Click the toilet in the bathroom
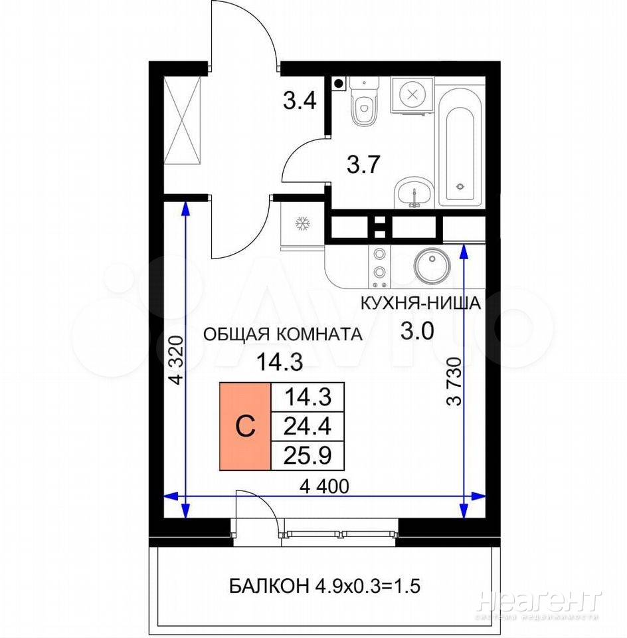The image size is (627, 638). point(365,101)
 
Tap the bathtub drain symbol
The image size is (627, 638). point(460,187)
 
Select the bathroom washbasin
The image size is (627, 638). point(414,193)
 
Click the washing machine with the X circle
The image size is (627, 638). point(412,95)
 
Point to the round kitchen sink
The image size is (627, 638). point(432,265)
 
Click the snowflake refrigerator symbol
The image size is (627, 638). point(303,223)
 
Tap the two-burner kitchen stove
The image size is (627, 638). point(379,266)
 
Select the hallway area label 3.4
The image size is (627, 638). point(300,100)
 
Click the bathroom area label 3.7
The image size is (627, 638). point(363,164)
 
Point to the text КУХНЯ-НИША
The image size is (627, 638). point(421,304)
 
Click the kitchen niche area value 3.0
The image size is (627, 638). point(418,331)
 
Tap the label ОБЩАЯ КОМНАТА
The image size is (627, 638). point(282,334)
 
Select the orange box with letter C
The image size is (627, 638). point(245,427)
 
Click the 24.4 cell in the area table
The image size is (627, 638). point(308,427)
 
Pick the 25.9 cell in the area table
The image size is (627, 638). point(308,456)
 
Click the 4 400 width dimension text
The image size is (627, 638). point(324,486)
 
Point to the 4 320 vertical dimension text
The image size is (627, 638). point(177,360)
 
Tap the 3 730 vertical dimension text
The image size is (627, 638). point(454,381)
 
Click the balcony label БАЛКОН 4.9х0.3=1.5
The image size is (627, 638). point(325,586)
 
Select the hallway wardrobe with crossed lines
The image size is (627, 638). point(183,121)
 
